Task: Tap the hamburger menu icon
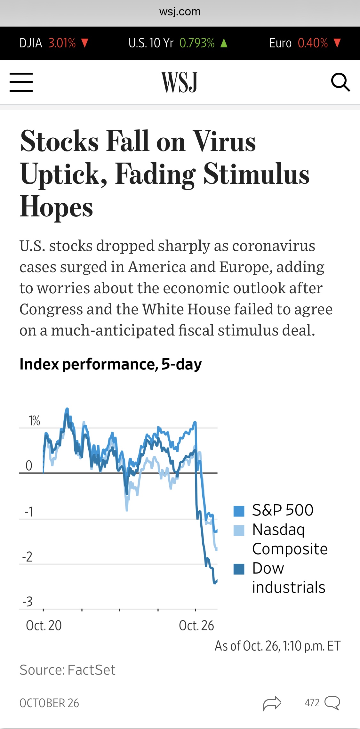[21, 82]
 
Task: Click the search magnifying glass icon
[340, 82]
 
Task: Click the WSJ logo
[180, 82]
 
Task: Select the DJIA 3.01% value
[62, 43]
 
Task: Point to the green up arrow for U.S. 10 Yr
[224, 43]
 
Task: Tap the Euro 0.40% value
[313, 43]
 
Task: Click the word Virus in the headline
[225, 142]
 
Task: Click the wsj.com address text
[180, 12]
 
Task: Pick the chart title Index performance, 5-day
[111, 364]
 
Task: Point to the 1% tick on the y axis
[34, 421]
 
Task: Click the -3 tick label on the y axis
[28, 602]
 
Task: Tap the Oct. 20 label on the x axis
[44, 626]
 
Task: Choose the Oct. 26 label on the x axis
[196, 626]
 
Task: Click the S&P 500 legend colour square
[239, 511]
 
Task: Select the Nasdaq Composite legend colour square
[239, 531]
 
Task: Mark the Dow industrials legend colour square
[239, 569]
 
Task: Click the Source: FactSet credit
[68, 670]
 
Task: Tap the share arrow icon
[272, 703]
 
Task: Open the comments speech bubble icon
[332, 703]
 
